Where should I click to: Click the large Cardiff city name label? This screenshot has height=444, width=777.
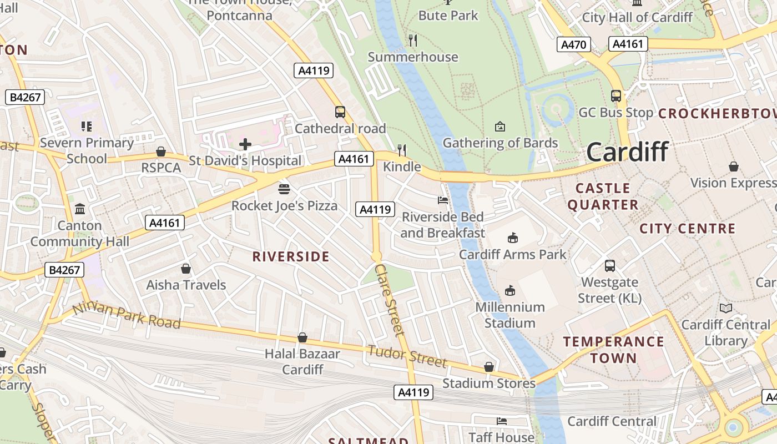point(627,152)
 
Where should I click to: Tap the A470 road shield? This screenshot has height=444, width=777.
point(573,44)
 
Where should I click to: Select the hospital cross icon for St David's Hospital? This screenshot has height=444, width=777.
point(245,145)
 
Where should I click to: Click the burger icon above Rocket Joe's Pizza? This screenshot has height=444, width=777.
point(284,189)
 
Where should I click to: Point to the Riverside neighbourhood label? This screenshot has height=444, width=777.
point(291,256)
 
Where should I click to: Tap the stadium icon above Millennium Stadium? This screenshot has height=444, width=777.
point(509,290)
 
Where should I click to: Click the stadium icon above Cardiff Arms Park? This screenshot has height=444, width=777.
point(512,238)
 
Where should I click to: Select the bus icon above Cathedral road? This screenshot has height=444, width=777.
point(340,112)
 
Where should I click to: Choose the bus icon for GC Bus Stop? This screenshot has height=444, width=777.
point(616,96)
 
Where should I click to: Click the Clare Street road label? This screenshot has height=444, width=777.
point(390,300)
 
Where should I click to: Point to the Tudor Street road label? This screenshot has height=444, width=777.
point(407,355)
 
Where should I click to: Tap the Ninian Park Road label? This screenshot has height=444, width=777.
point(127,315)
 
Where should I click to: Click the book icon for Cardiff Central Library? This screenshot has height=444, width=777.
point(725,308)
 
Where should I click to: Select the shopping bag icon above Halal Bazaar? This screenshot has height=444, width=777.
point(302,337)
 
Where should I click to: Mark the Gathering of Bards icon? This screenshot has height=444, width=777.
point(500,127)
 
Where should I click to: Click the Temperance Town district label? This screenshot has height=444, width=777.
point(613,350)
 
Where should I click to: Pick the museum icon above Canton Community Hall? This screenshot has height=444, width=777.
point(80,209)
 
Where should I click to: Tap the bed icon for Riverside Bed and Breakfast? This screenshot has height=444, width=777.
point(442,200)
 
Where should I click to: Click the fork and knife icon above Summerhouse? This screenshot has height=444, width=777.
point(412,40)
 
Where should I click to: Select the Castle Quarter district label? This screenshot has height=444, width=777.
point(603,196)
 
